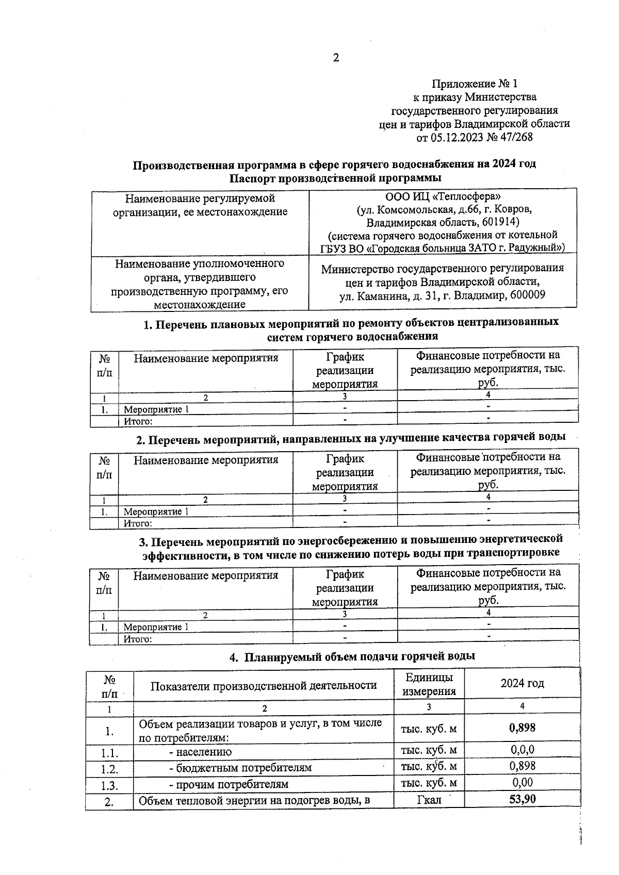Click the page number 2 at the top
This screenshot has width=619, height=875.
(335, 58)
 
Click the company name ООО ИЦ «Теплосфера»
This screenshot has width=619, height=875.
(443, 196)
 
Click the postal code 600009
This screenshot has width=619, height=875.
(527, 295)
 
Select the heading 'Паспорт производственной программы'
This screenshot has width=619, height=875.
(335, 178)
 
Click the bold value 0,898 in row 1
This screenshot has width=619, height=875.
(522, 728)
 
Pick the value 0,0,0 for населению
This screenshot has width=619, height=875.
(522, 749)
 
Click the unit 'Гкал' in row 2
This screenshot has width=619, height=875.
(428, 800)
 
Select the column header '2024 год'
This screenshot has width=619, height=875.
(522, 684)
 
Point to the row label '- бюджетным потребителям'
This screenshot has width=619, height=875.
(240, 767)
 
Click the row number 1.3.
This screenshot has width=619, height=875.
(109, 785)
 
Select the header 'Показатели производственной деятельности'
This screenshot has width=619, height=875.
(263, 685)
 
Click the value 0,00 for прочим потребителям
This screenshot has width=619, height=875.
(522, 782)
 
